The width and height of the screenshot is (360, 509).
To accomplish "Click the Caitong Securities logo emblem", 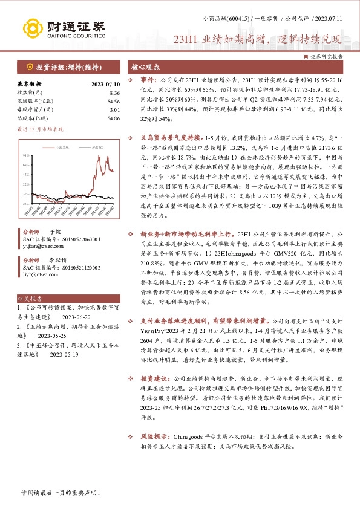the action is (34, 27).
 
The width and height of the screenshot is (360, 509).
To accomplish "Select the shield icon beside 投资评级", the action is (29, 66).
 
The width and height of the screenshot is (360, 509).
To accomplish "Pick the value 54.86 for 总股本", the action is (113, 119).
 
